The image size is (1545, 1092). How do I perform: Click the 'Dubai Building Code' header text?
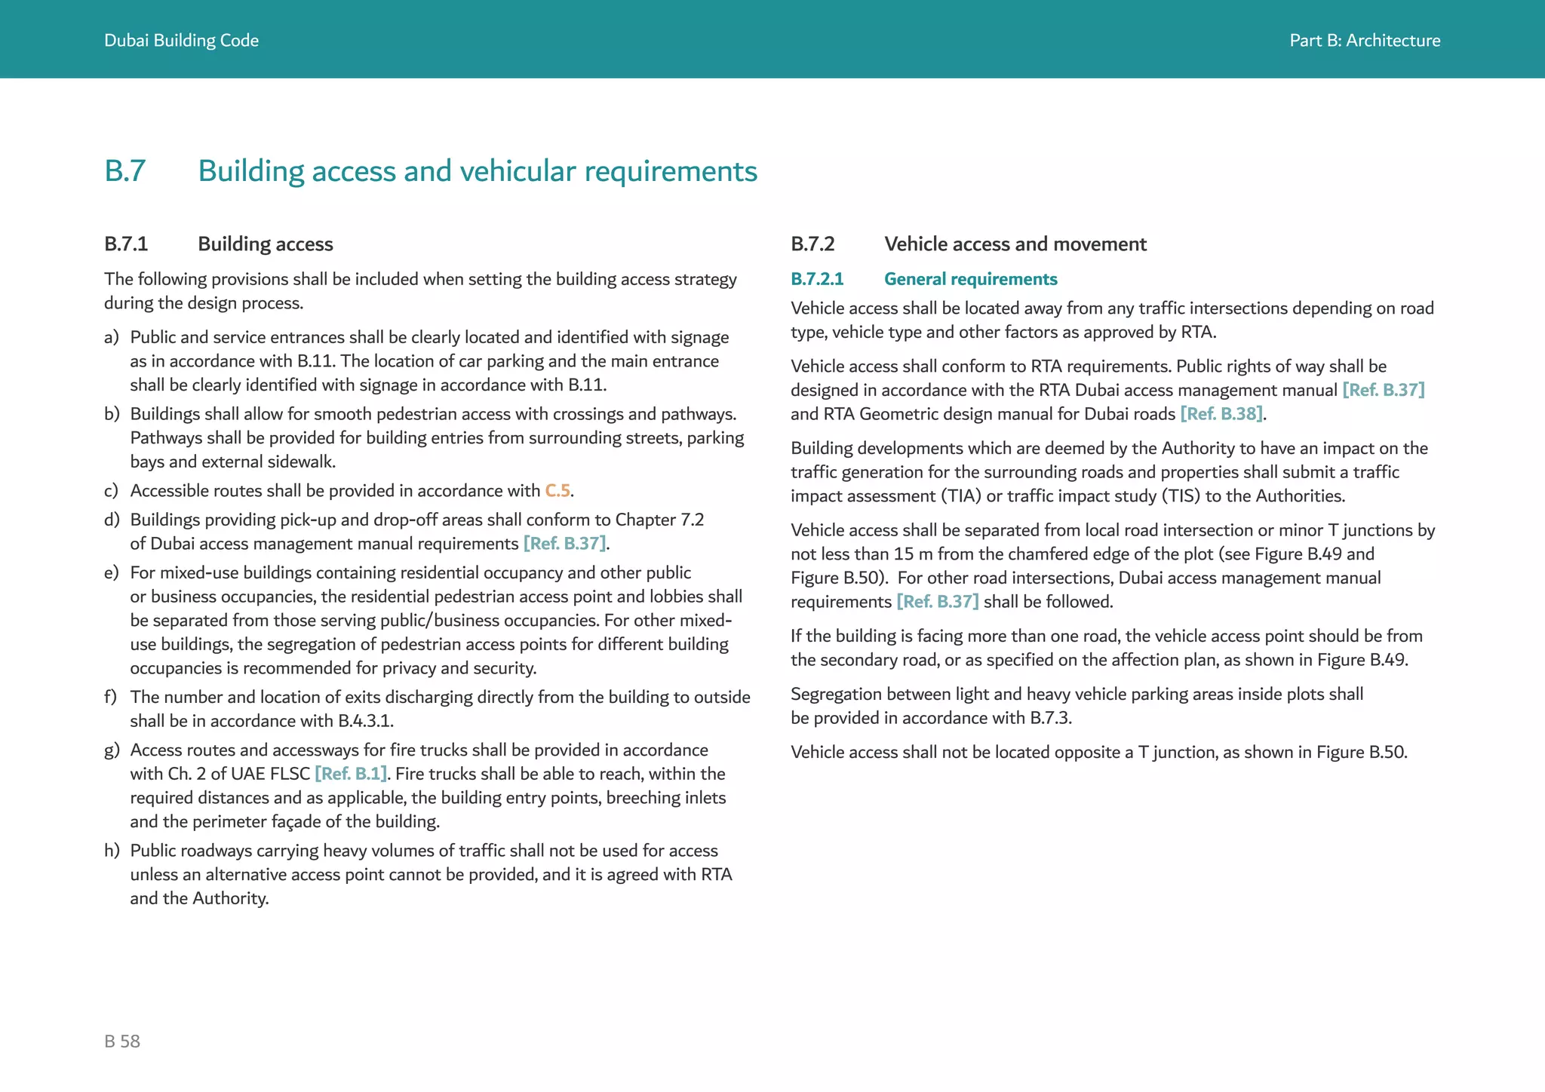coord(181,41)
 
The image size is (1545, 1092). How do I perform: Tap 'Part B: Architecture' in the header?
coord(1364,41)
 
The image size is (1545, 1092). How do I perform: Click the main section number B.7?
coord(124,171)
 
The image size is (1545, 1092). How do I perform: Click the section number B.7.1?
coord(126,244)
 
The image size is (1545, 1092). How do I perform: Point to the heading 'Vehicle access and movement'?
coord(1015,244)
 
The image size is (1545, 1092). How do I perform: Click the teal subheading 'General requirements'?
coord(970,279)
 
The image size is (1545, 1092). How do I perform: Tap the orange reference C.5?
coord(557,491)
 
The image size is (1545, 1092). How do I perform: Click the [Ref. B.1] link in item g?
coord(351,774)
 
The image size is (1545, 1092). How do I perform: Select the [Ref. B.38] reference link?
coord(1221,414)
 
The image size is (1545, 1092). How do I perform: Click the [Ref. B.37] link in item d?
coord(564,544)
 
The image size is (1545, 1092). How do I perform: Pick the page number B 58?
coord(122,1041)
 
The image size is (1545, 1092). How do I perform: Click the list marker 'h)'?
coord(112,851)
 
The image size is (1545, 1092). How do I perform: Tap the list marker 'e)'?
coord(112,573)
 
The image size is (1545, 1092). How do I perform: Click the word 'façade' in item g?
coord(306,822)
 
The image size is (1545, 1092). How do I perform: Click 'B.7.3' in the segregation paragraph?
coord(1049,718)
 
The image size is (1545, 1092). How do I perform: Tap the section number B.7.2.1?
coord(817,279)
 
